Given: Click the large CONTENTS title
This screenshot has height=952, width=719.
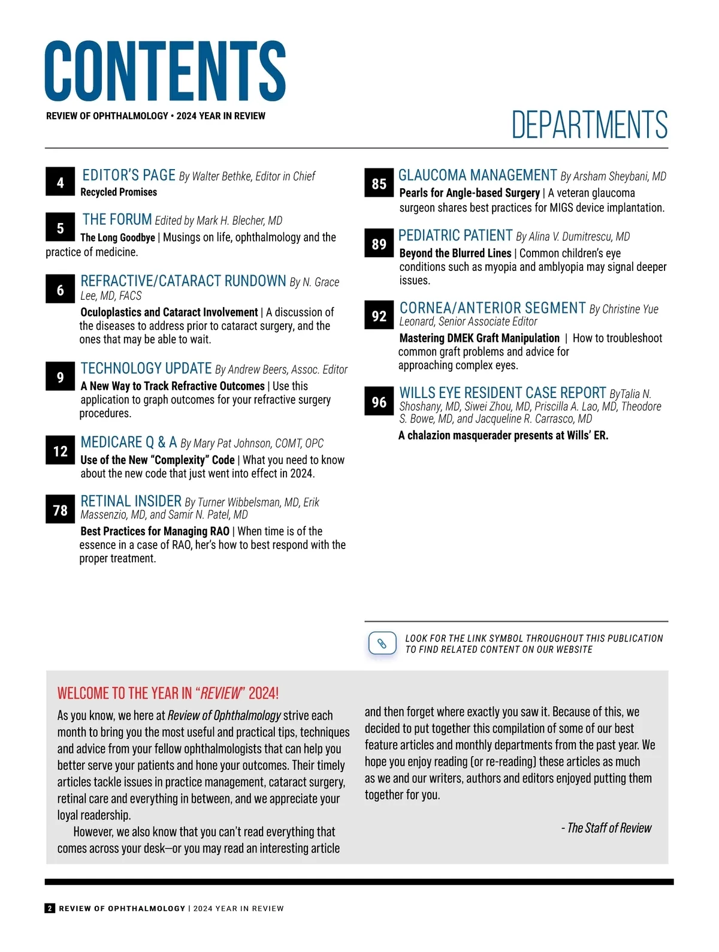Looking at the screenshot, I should click(165, 71).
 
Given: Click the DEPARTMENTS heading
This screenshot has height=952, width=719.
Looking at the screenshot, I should click(590, 125).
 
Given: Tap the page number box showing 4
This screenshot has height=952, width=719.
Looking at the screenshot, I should click(61, 182).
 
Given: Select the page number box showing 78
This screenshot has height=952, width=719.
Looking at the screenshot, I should click(61, 510).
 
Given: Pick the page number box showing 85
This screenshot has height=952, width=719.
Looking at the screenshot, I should click(379, 183).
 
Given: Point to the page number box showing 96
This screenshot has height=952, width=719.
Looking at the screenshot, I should click(379, 402).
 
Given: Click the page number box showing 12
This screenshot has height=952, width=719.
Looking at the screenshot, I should click(61, 451).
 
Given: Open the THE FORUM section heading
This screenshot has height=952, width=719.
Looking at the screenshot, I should click(117, 219).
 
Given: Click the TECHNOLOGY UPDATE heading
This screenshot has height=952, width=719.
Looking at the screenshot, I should click(146, 368).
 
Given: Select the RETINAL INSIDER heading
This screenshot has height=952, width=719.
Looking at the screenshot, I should click(131, 501).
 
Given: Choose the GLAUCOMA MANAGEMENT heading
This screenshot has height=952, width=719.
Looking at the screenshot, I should click(478, 175).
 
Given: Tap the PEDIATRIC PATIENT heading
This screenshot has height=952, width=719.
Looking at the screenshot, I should click(455, 236).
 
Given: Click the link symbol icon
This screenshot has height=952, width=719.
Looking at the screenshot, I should click(382, 644).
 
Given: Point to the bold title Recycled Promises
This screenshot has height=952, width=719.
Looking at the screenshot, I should click(119, 192).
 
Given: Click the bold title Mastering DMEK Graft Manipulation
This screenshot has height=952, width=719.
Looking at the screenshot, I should click(479, 338).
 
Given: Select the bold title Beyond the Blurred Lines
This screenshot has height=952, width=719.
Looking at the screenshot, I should click(455, 253).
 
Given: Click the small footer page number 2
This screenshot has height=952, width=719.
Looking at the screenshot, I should click(50, 908).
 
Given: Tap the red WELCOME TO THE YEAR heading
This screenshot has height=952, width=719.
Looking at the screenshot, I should click(168, 694).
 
